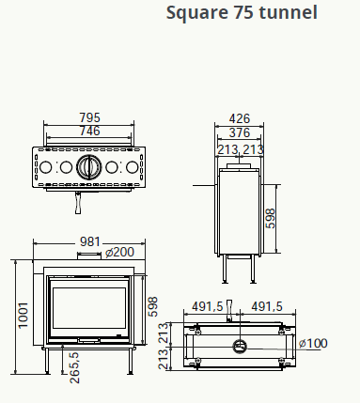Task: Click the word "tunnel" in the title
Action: [289, 12]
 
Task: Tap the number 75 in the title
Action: [243, 13]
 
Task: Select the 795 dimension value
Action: [89, 117]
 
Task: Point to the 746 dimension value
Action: [89, 131]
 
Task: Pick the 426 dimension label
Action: [240, 118]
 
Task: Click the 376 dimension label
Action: [240, 132]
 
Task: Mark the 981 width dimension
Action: [90, 241]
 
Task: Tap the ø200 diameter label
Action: [119, 252]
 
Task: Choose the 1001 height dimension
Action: [23, 316]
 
